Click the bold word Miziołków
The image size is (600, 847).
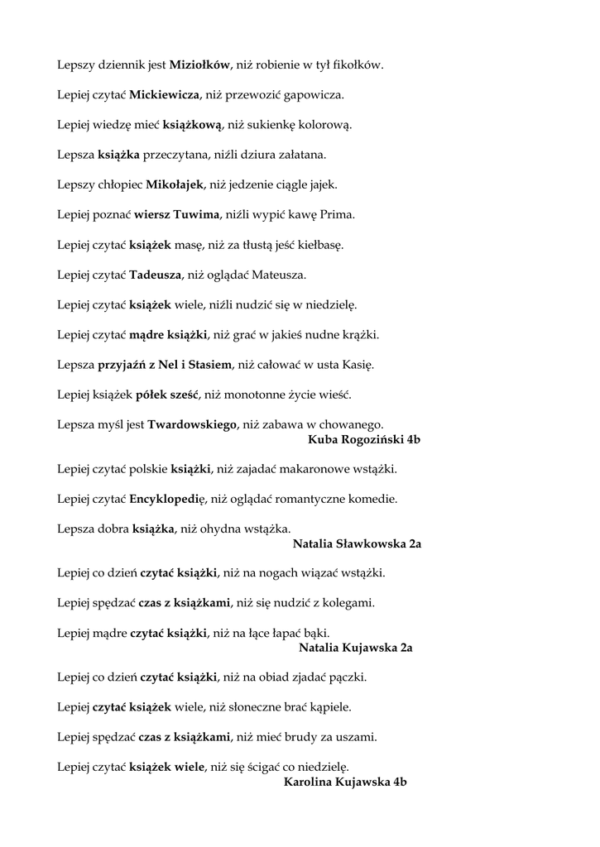point(199,65)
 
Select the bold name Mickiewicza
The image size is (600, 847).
point(165,94)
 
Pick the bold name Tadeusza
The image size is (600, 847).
point(160,275)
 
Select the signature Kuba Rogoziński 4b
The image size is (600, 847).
point(363,440)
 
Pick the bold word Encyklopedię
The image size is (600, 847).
point(168,500)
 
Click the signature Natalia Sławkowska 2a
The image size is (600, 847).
point(358,544)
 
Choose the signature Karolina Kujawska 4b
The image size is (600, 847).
point(346,782)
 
